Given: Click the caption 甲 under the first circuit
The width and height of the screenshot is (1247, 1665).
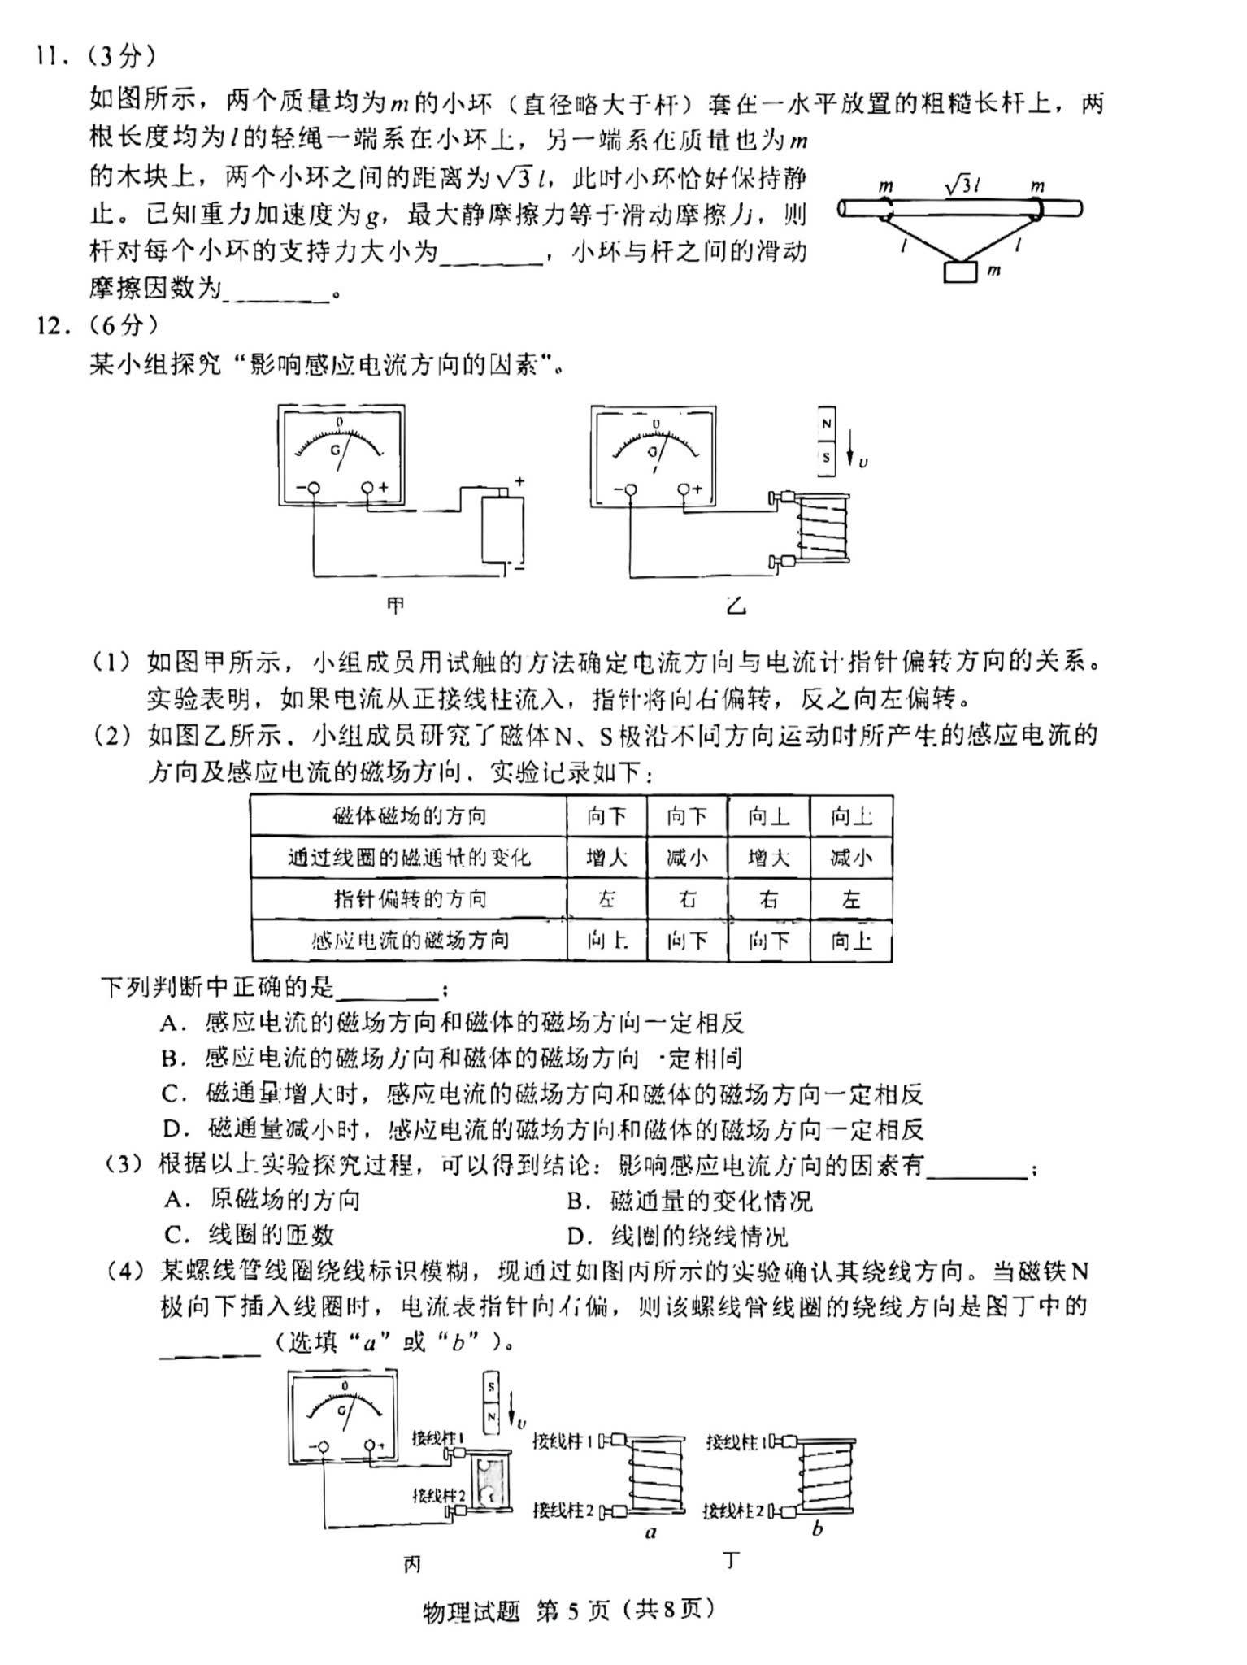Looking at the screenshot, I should point(396,606).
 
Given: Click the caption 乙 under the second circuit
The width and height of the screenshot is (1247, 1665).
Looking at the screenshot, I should point(736,606).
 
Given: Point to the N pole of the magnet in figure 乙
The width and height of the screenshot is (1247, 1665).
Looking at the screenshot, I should point(826,424).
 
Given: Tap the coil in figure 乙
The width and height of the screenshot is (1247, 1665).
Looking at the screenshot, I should point(822,528).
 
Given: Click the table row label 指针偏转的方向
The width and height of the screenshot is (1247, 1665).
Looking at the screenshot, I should point(410,899).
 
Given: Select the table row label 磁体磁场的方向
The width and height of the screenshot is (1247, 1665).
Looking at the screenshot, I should point(410,816).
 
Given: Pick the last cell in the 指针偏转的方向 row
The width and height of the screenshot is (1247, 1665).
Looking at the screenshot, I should point(851,899).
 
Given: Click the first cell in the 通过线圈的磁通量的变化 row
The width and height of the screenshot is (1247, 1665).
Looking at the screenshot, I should point(606,858).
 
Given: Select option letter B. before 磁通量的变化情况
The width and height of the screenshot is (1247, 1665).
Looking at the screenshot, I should point(578,1201).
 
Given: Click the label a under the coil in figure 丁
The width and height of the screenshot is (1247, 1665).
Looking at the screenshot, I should point(650,1533).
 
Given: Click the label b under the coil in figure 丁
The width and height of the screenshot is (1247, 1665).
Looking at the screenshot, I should point(818,1529).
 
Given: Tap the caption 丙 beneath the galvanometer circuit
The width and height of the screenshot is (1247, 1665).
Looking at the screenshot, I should point(412,1563).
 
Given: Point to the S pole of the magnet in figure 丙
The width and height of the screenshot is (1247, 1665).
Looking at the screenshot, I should point(491,1388).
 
